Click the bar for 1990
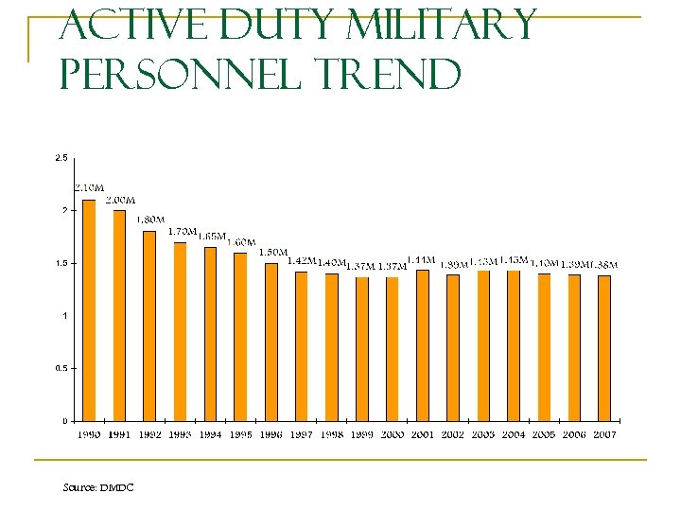(x=89, y=310)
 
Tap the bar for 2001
(x=423, y=345)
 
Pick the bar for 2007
(x=604, y=347)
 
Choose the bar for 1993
(x=180, y=331)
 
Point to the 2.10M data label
(x=89, y=188)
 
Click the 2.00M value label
(x=119, y=200)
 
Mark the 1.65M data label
(x=212, y=236)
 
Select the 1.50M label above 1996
(x=272, y=252)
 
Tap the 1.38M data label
(x=605, y=264)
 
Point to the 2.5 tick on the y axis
(x=61, y=157)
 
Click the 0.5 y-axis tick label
(x=61, y=368)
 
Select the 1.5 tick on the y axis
(x=61, y=263)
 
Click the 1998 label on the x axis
(x=331, y=434)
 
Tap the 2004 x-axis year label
(x=514, y=434)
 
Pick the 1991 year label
(x=119, y=434)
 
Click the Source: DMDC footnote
(x=97, y=487)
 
